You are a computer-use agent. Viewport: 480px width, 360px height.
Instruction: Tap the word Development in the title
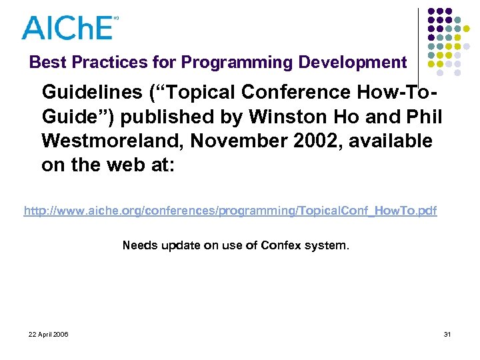(x=352, y=63)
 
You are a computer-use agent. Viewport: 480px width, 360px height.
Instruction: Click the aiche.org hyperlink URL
(x=230, y=211)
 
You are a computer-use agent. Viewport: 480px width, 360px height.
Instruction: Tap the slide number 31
(x=446, y=333)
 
